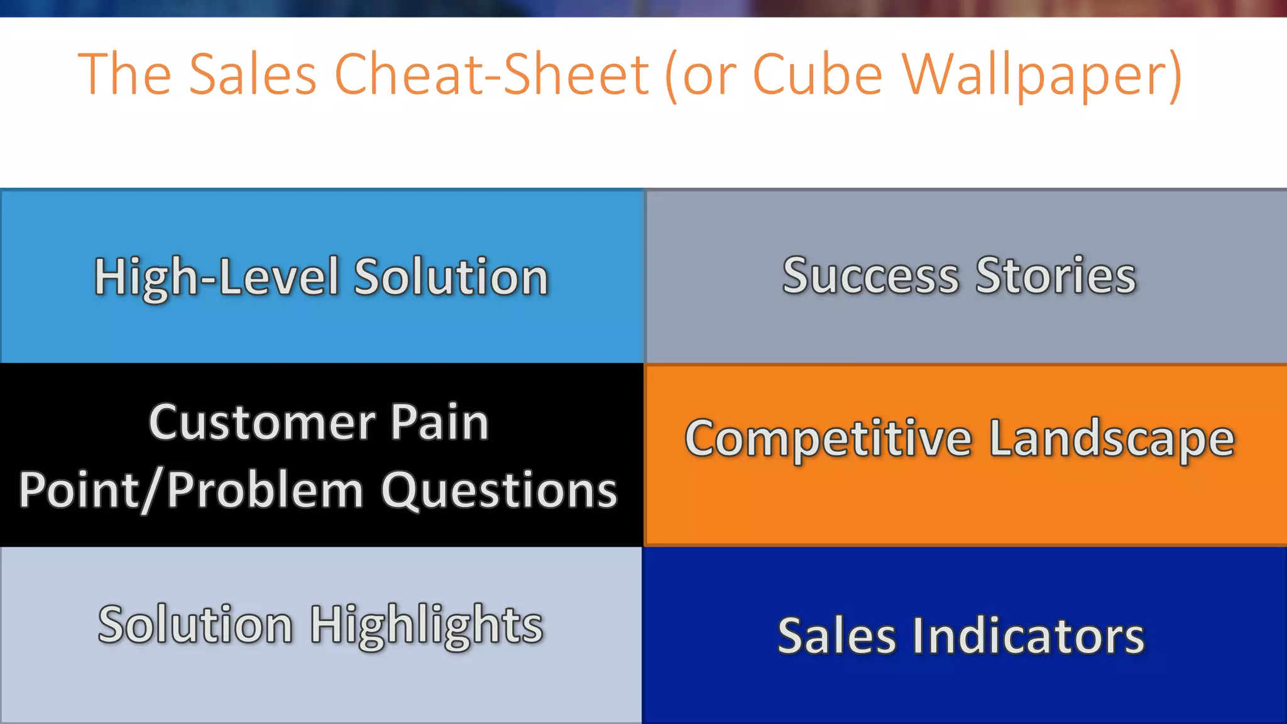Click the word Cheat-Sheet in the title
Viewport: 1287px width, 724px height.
(x=491, y=75)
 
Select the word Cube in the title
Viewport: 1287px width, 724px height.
(x=818, y=75)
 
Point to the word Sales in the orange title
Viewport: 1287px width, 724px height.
(x=253, y=75)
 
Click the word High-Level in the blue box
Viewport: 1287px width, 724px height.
(x=217, y=277)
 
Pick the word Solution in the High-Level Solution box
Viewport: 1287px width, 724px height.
(x=451, y=277)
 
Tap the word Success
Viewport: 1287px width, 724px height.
(x=870, y=276)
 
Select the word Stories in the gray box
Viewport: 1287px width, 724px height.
(x=1056, y=276)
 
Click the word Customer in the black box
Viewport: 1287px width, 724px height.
(x=262, y=422)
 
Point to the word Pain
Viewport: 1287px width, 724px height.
(x=439, y=422)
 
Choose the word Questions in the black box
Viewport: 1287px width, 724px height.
(x=499, y=491)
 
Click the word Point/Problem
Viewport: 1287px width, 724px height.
(x=191, y=491)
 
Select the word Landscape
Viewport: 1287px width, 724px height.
(x=1112, y=439)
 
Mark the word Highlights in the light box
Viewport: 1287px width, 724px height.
(x=427, y=625)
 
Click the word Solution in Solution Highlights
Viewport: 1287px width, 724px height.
(x=195, y=625)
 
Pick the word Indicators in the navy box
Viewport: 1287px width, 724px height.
(x=1028, y=636)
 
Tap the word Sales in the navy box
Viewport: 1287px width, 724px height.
(x=836, y=636)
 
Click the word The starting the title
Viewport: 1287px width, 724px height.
(x=124, y=75)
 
